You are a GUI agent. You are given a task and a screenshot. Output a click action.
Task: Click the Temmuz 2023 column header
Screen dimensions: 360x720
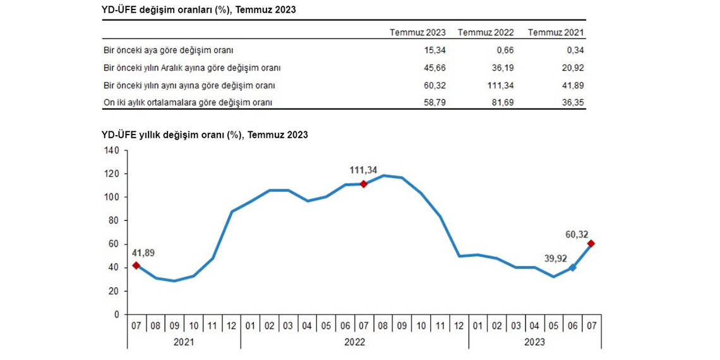(x=417, y=32)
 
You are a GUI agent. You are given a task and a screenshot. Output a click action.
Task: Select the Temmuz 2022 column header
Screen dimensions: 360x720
(x=486, y=32)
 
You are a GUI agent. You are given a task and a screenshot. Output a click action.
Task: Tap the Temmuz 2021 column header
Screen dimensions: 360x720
(x=556, y=32)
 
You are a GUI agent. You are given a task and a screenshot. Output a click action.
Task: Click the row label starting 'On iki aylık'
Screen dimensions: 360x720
(x=191, y=102)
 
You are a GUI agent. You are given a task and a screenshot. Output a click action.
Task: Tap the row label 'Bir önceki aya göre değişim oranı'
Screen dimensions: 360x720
(x=172, y=50)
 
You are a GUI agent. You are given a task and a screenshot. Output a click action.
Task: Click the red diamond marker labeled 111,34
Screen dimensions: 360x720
(x=363, y=184)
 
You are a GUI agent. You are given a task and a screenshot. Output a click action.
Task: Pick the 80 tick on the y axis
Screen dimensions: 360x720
(x=114, y=220)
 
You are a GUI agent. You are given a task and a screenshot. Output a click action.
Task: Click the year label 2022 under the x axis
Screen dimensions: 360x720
(x=354, y=342)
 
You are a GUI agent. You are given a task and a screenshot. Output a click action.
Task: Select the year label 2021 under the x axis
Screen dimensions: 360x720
(x=184, y=342)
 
